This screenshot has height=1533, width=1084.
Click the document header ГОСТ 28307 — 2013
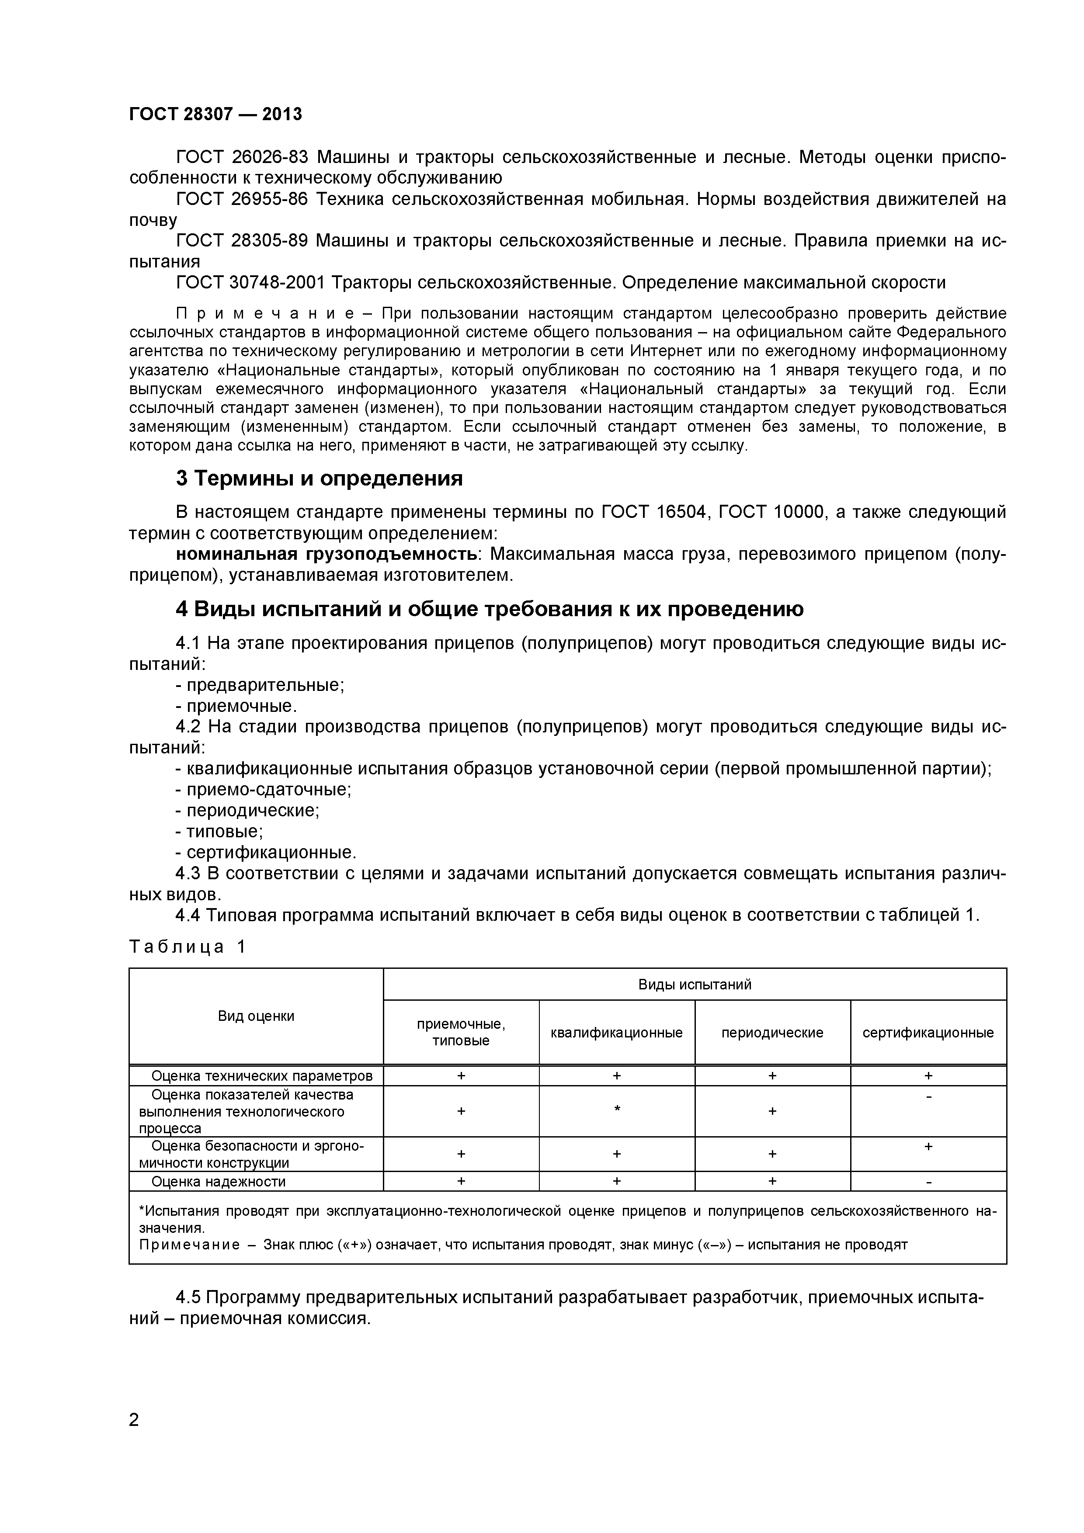[215, 114]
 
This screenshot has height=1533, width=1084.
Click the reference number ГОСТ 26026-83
[242, 158]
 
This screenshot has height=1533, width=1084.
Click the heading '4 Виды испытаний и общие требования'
[489, 608]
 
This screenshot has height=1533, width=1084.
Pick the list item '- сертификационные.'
[266, 852]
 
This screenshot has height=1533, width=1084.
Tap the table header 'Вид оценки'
[256, 1016]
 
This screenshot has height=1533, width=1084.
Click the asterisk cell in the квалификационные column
[616, 1110]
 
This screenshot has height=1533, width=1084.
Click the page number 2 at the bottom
[134, 1438]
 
